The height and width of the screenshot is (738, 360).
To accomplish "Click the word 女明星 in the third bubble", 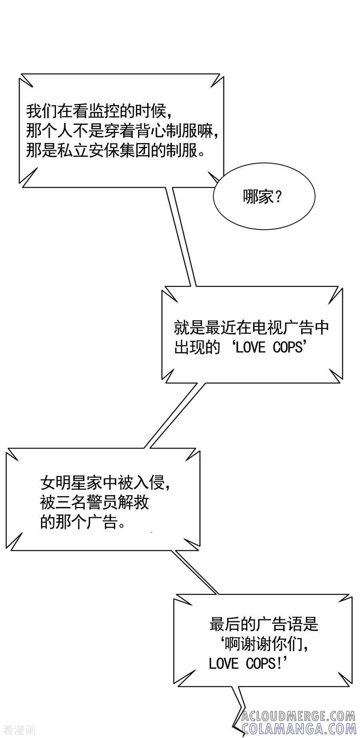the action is (64, 483).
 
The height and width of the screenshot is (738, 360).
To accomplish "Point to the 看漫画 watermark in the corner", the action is (20, 730).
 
